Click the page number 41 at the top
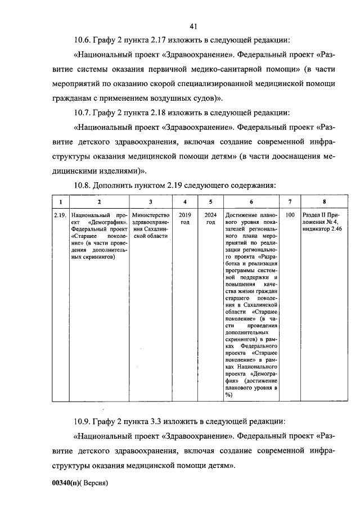click(193, 26)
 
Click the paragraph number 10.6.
click(83, 40)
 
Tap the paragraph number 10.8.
click(83, 185)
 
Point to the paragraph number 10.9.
click(83, 421)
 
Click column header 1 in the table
click(60, 201)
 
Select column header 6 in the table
click(251, 201)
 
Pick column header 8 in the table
click(324, 201)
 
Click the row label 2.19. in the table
click(61, 215)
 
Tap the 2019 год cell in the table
click(184, 218)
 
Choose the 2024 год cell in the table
click(210, 218)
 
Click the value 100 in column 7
click(290, 215)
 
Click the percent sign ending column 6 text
click(228, 395)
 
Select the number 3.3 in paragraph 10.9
click(163, 421)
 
